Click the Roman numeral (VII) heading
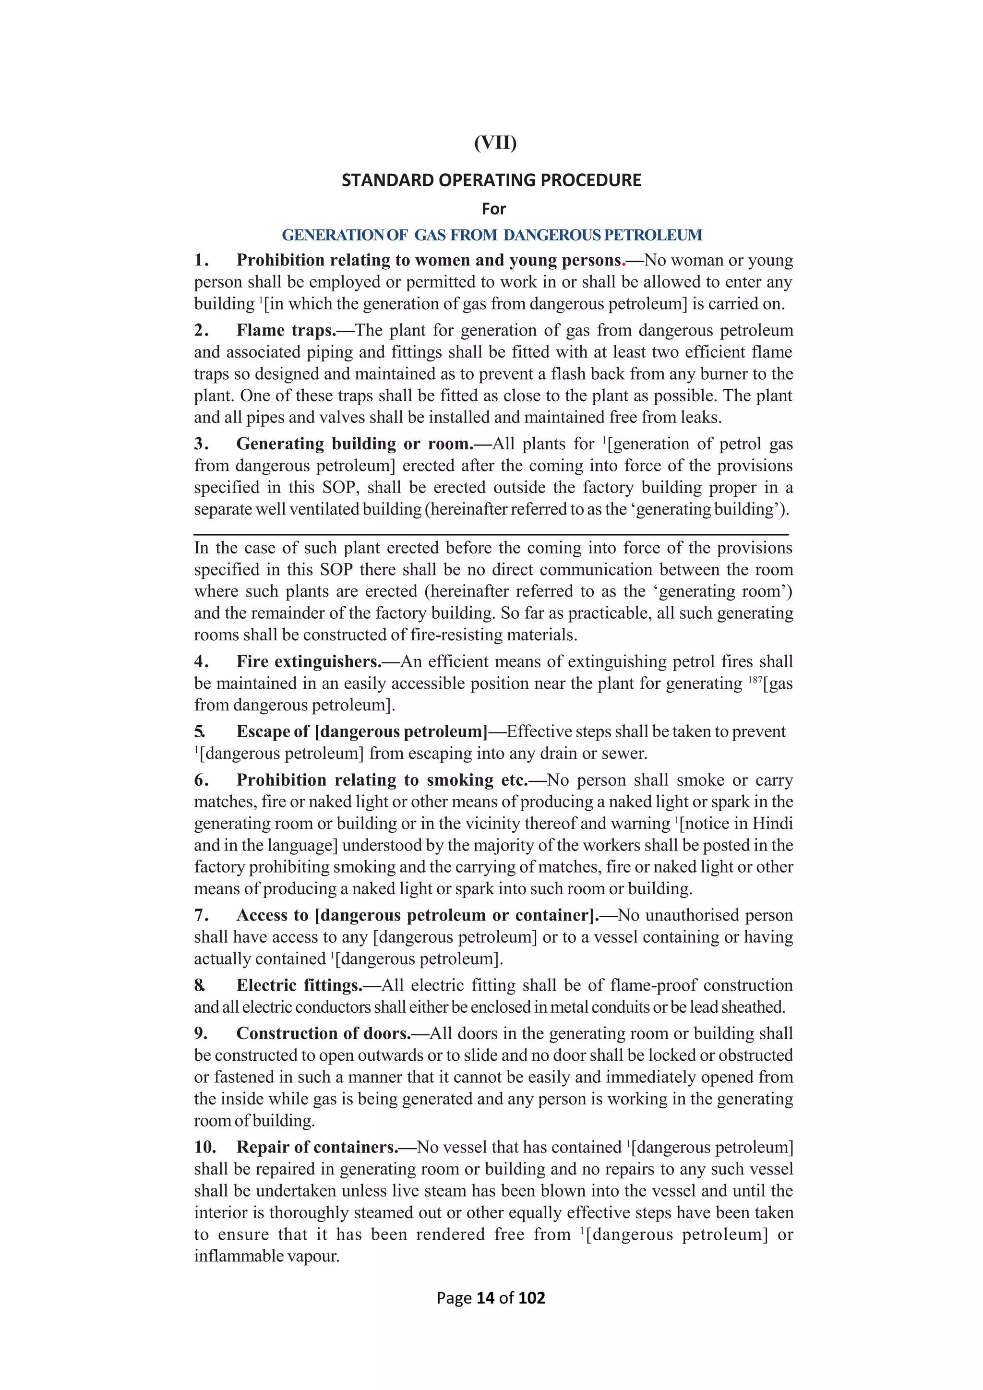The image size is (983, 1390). pyautogui.click(x=495, y=143)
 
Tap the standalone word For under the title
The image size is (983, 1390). pyautogui.click(x=493, y=209)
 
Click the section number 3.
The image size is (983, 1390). pyautogui.click(x=200, y=444)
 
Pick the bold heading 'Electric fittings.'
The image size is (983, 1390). pyautogui.click(x=299, y=985)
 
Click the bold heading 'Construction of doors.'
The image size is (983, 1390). pyautogui.click(x=323, y=1033)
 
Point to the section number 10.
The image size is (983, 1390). pyautogui.click(x=204, y=1147)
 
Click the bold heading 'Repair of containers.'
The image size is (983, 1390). pyautogui.click(x=317, y=1147)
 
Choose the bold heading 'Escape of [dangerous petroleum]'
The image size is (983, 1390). pyautogui.click(x=361, y=732)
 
